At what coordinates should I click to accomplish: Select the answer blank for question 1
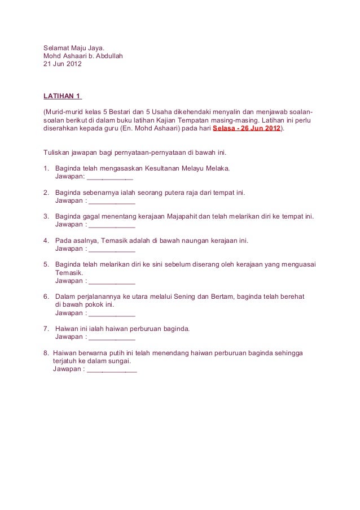[x=109, y=177]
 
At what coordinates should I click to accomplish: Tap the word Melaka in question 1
[x=217, y=168]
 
